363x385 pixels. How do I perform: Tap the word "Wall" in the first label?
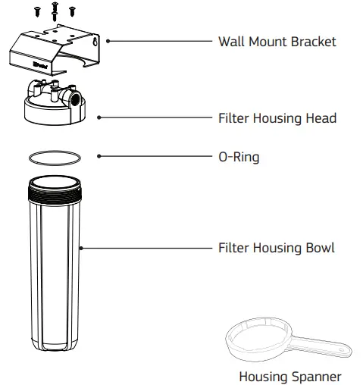[x=231, y=42]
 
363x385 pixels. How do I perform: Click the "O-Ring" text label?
[x=239, y=157]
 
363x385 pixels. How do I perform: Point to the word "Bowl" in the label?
[x=318, y=248]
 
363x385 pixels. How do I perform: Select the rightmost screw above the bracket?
[x=72, y=10]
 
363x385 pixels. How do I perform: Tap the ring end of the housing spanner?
[x=255, y=338]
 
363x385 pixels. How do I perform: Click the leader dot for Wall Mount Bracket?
[x=108, y=42]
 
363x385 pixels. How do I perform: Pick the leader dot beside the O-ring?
[x=98, y=157]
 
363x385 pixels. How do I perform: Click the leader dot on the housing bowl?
[x=83, y=248]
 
